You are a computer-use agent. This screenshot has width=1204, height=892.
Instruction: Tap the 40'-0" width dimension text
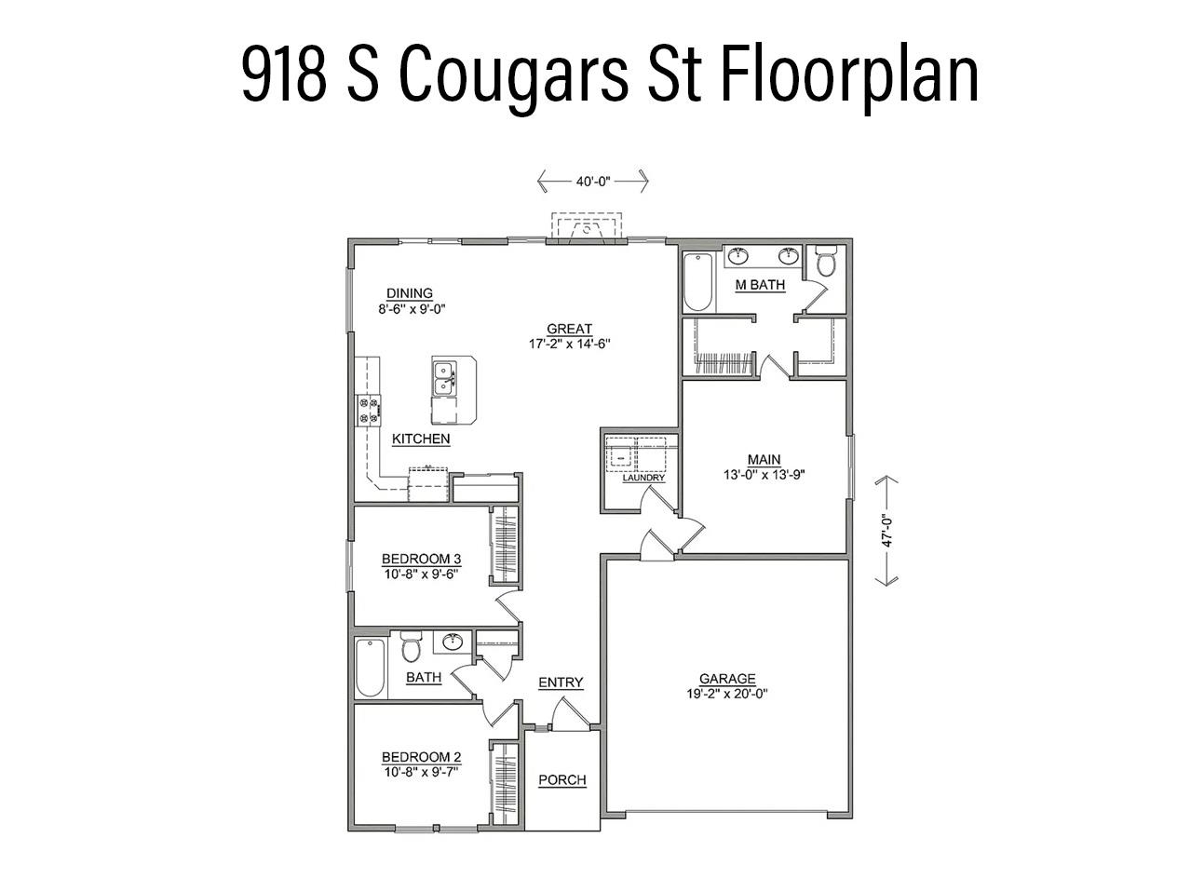point(592,182)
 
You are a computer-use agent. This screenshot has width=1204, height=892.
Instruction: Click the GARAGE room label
point(727,679)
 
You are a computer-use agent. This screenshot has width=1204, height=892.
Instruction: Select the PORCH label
point(562,779)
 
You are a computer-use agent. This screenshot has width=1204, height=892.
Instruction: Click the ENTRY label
point(561,683)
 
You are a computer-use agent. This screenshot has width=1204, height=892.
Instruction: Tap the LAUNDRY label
point(643,479)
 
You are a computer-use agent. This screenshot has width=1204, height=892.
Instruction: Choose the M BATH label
point(760,285)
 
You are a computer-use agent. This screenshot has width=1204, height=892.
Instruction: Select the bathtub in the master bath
point(697,282)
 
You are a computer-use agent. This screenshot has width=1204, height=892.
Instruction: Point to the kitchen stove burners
point(369,411)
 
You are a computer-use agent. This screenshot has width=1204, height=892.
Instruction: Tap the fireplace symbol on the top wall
point(587,228)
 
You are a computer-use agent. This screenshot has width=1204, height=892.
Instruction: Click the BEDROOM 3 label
point(421,559)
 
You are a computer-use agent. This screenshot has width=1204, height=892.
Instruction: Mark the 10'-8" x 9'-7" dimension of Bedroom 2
point(421,771)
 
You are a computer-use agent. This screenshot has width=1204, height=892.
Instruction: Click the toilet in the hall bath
point(411,646)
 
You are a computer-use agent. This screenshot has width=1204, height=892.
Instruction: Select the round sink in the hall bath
point(452,642)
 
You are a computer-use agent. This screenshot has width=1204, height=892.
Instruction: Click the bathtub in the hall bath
point(371,667)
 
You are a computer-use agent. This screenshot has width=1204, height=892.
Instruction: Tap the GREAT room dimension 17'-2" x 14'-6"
point(569,343)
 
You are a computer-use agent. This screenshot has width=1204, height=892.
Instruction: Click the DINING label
point(410,293)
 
